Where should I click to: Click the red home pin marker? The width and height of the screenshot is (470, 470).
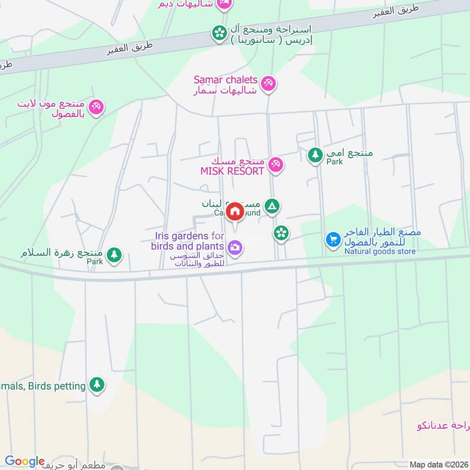[x=235, y=212]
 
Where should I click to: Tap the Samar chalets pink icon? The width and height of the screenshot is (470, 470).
[x=269, y=85]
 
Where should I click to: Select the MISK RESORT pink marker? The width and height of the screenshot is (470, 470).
[x=275, y=166]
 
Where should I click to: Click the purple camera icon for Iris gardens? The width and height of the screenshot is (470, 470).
[x=235, y=248]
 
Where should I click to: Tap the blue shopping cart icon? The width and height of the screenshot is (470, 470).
[x=333, y=240]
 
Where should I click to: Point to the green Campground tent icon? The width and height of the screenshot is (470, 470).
[x=271, y=206]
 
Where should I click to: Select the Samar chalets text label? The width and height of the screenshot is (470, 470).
[x=226, y=80]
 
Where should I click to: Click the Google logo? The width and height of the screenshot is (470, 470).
[x=25, y=462]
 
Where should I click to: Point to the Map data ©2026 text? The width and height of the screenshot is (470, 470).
[x=438, y=464]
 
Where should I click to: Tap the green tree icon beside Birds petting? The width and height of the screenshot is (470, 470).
[x=97, y=385]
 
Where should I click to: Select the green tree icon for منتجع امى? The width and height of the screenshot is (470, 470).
[x=315, y=155]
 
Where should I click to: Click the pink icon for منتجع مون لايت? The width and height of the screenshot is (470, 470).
[x=98, y=107]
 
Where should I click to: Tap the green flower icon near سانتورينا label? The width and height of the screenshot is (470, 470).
[x=219, y=32]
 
